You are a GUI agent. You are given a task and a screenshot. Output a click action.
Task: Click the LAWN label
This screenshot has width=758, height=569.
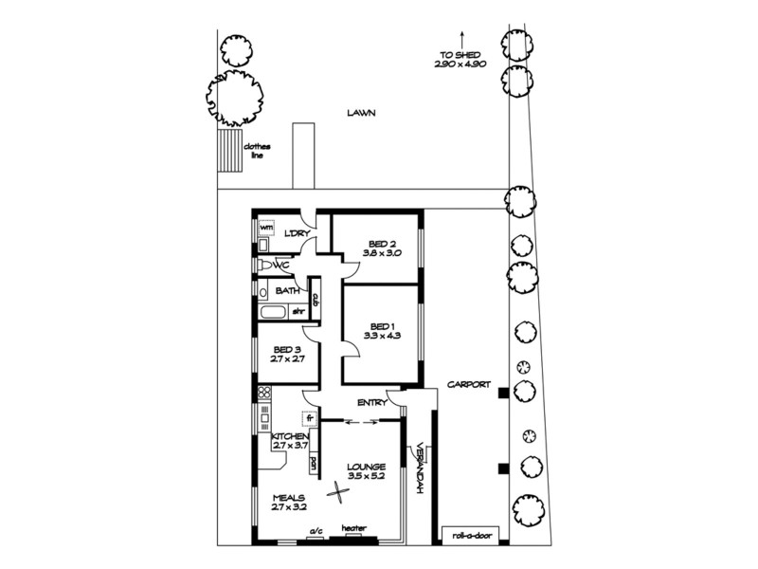[361, 112]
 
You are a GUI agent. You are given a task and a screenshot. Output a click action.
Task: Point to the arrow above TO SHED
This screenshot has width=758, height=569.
[461, 39]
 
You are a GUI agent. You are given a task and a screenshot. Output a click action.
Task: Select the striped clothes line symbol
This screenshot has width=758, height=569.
[227, 150]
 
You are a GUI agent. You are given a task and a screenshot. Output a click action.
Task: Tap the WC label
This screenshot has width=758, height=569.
[280, 266]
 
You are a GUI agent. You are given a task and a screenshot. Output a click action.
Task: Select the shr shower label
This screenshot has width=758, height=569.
[297, 310]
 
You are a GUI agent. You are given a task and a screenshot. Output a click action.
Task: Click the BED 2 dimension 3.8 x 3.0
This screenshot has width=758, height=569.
[382, 253]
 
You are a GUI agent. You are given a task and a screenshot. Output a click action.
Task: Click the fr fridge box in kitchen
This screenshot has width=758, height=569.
[309, 417]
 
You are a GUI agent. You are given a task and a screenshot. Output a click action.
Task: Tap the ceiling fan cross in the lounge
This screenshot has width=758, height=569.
[337, 492]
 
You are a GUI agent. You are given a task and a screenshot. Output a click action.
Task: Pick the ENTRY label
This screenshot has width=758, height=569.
[370, 403]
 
